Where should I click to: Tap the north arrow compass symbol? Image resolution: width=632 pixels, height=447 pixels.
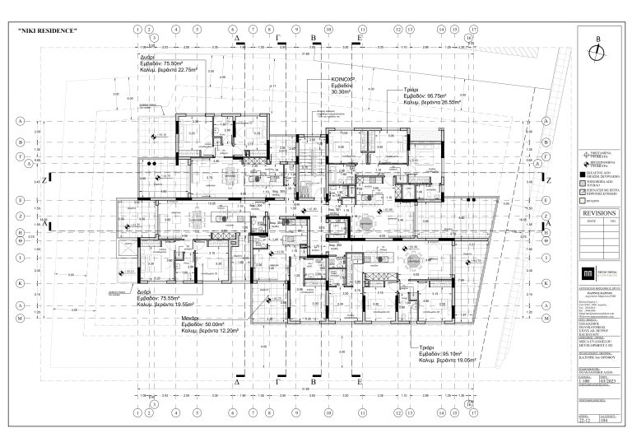(x=598, y=51)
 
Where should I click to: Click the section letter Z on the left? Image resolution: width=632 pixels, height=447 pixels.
(x=51, y=177)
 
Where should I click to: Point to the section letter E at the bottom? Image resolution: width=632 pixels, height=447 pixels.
(x=360, y=383)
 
